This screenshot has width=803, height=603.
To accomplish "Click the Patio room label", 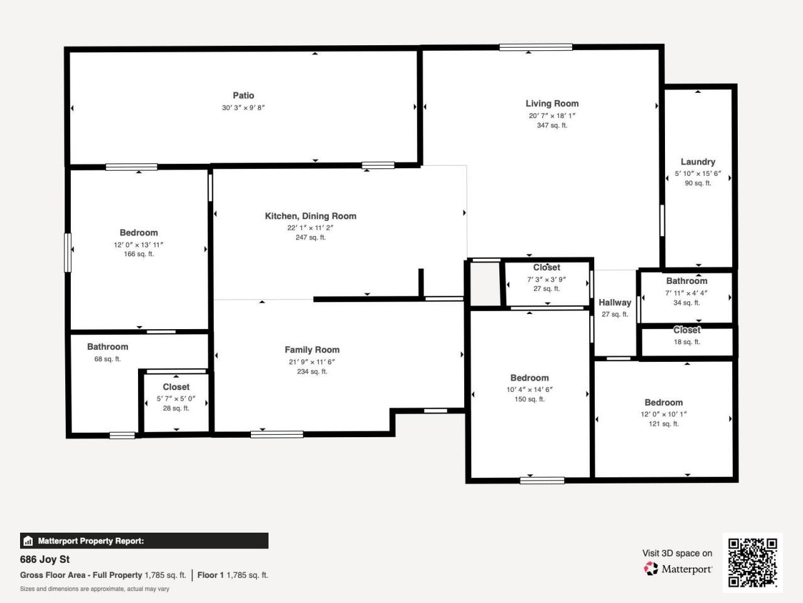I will pyautogui.click(x=243, y=95).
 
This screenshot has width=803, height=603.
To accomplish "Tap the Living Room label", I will pyautogui.click(x=552, y=104).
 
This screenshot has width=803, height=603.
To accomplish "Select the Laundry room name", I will pyautogui.click(x=698, y=161).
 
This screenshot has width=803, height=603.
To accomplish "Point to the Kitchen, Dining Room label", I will pyautogui.click(x=311, y=216).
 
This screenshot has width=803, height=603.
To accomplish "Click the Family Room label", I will pyautogui.click(x=312, y=350).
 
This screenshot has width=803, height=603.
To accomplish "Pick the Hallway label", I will pyautogui.click(x=615, y=303).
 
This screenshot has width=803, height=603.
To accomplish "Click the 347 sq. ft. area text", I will pyautogui.click(x=552, y=126).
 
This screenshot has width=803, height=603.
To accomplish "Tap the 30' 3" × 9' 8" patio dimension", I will pyautogui.click(x=243, y=108).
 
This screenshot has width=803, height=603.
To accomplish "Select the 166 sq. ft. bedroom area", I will pyautogui.click(x=139, y=254).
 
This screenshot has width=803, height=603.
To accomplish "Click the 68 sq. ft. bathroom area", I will pyautogui.click(x=107, y=359).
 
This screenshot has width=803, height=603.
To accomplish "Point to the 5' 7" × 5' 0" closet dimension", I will pyautogui.click(x=176, y=399).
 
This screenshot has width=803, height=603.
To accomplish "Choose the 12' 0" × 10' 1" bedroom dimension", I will pyautogui.click(x=664, y=415).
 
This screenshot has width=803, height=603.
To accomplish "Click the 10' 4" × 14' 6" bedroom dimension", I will pyautogui.click(x=529, y=389).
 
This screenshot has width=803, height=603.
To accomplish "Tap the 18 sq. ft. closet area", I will pyautogui.click(x=687, y=342).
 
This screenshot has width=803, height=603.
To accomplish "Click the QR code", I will pyautogui.click(x=752, y=562).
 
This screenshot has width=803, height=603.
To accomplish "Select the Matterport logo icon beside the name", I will pyautogui.click(x=651, y=569).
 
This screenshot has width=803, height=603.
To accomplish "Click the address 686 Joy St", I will pyautogui.click(x=45, y=560).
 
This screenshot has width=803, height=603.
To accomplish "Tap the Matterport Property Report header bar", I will pyautogui.click(x=144, y=541).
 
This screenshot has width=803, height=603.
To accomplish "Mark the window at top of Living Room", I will pyautogui.click(x=536, y=47).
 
